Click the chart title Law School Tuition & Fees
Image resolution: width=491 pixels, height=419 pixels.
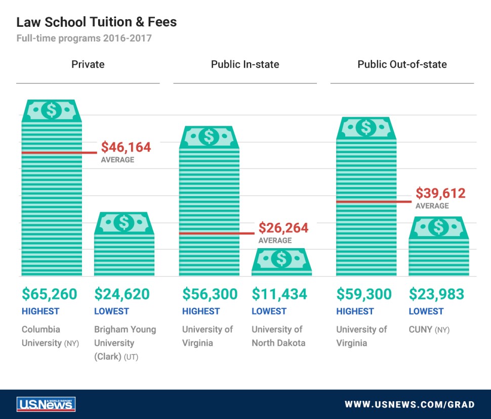pos(96,22)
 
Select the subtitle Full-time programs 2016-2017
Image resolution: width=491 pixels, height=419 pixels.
pos(84,38)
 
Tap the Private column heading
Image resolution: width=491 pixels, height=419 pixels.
pos(88,64)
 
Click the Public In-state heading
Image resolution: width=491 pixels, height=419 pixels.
pos(245,64)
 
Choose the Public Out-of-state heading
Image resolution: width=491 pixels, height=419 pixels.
pos(402,64)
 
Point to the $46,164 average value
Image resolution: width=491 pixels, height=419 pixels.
pos(126,147)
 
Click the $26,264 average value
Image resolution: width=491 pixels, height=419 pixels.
pos(283,228)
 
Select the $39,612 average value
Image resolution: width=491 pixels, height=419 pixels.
pos(440,193)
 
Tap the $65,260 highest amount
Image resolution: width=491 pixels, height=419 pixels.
pos(50,294)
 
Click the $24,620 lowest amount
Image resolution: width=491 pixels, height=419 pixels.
pos(122,294)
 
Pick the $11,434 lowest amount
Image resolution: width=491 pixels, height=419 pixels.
pos(279,294)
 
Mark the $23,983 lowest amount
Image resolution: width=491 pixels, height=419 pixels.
pos(437,294)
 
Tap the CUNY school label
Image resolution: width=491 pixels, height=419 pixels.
pos(421,330)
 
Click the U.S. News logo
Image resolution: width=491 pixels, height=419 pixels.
pos(46,404)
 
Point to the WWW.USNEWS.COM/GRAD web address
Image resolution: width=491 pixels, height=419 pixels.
pos(410,404)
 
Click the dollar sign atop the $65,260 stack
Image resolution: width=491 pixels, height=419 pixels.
pos(51,110)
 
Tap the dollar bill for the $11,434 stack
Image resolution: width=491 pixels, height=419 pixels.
pos(281,259)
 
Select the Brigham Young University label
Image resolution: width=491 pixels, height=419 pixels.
pos(125,343)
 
